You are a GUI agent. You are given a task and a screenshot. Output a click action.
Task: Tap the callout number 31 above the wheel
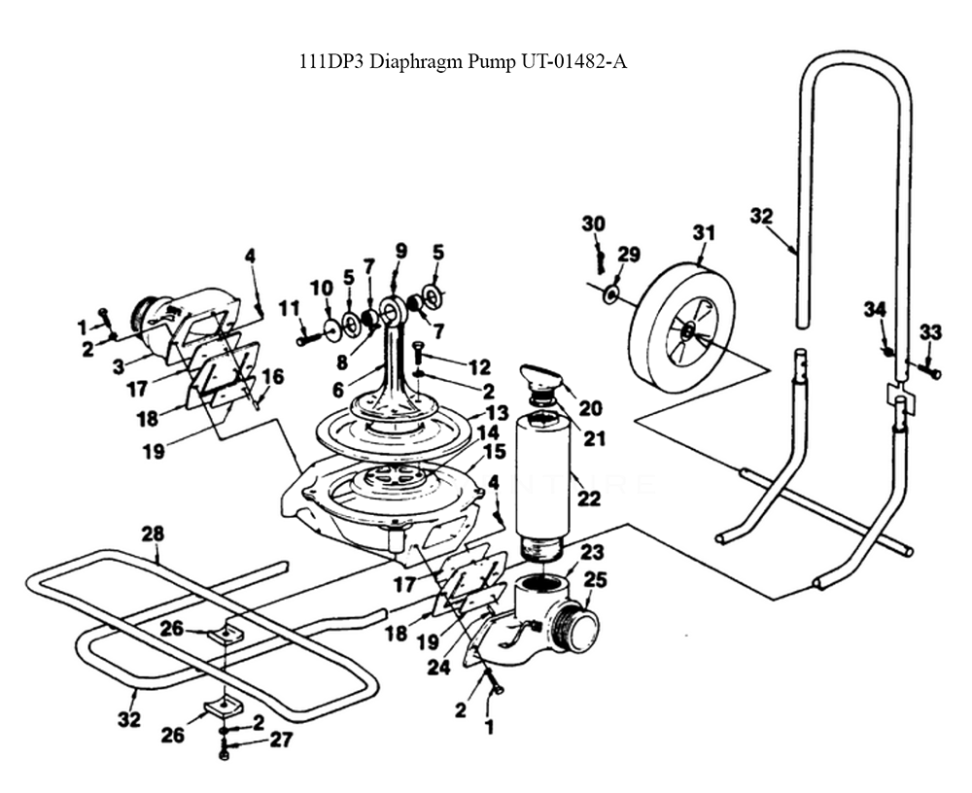pyautogui.click(x=704, y=233)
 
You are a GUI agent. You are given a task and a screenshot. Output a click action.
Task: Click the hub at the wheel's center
pyautogui.click(x=687, y=332)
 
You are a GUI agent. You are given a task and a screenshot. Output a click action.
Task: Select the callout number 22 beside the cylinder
pyautogui.click(x=589, y=499)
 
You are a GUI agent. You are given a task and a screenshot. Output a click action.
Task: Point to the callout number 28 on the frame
pyautogui.click(x=153, y=534)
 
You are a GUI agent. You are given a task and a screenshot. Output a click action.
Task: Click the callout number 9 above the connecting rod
pyautogui.click(x=400, y=251)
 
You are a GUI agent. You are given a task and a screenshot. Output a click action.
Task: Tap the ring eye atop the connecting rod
pyautogui.click(x=393, y=311)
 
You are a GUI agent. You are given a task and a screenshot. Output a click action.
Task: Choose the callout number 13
pyautogui.click(x=497, y=414)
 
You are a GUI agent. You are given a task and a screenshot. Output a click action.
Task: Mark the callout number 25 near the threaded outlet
pyautogui.click(x=595, y=580)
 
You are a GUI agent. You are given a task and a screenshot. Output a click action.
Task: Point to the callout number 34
pyautogui.click(x=875, y=310)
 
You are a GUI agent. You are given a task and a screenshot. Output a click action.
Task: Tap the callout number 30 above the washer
pyautogui.click(x=593, y=224)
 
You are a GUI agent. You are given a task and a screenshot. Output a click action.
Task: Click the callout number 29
pyautogui.click(x=628, y=255)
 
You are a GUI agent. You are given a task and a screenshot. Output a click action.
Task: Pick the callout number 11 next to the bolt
pyautogui.click(x=288, y=308)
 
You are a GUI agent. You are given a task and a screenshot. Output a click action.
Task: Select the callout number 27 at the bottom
pyautogui.click(x=281, y=740)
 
